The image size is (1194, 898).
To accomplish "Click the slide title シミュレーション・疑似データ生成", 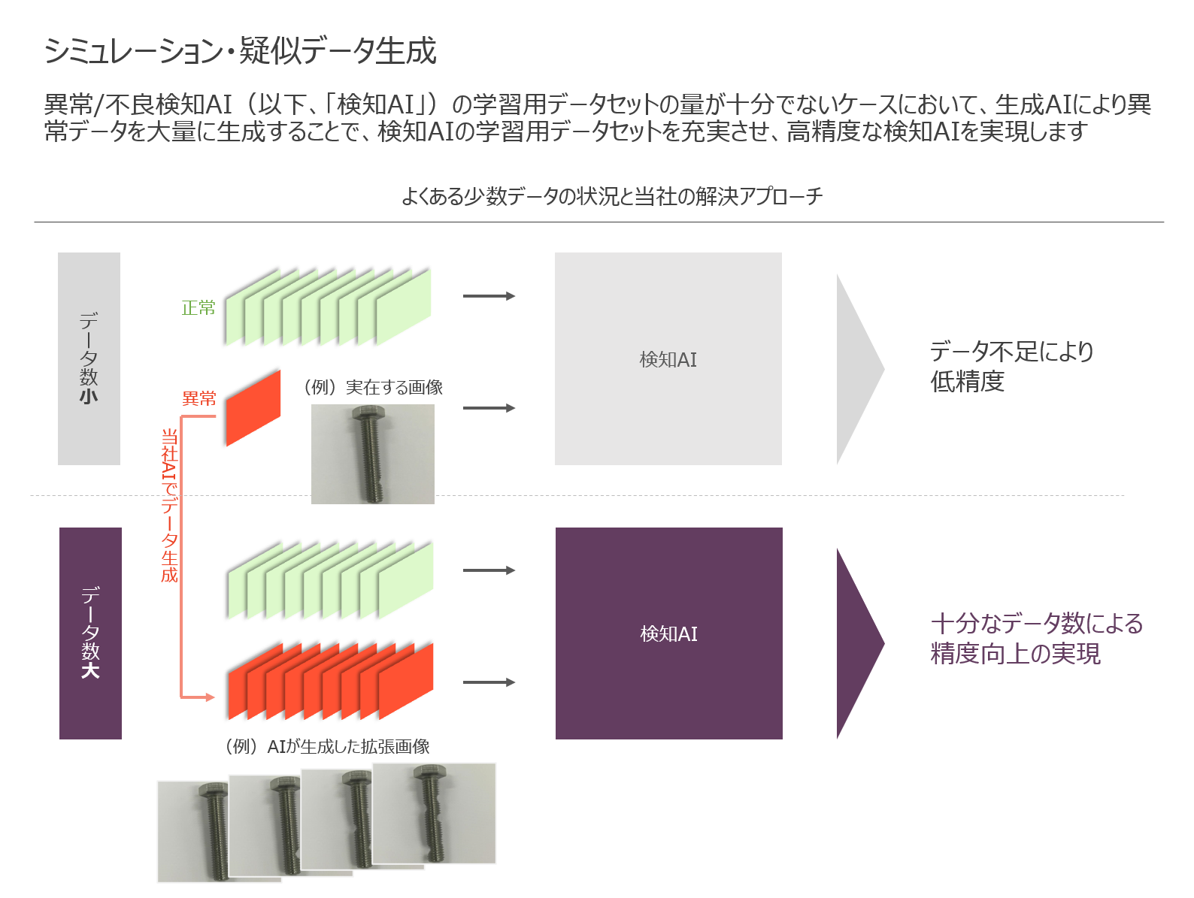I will coord(240,51).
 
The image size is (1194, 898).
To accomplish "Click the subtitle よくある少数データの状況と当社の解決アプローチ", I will coord(611,197).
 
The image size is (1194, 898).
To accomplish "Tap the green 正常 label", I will coord(198,308).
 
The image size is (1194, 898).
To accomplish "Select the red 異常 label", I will coord(199,398).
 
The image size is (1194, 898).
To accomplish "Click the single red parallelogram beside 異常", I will coord(253,407).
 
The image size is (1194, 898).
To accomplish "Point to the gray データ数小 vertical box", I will coord(89,358).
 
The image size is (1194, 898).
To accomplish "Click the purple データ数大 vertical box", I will coord(90,633).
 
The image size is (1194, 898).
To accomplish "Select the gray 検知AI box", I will coord(668,358).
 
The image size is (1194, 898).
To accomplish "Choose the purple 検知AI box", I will coord(668,633).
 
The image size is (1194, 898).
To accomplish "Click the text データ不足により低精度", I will coord(1011,366).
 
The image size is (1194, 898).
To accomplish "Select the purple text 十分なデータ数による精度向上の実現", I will coord(1036,638).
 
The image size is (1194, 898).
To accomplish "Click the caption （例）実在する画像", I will coord(373,388).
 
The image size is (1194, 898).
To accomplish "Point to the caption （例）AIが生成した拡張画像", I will coord(327,746).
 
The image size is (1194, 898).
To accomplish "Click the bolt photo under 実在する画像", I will coord(373,454).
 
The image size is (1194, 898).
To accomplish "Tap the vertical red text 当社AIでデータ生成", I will coord(170,505).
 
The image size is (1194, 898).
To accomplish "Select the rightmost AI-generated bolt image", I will coord(435,813).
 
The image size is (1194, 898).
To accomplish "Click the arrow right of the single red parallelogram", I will coord(489,408).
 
